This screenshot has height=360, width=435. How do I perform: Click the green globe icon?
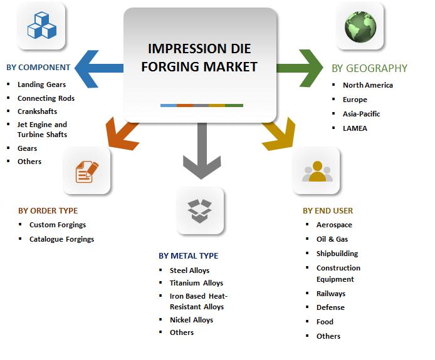(x=360, y=26)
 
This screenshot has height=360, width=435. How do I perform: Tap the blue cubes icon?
(x=42, y=25)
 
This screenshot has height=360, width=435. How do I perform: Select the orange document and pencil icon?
(x=87, y=172)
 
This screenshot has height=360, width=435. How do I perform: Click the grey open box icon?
(x=200, y=210)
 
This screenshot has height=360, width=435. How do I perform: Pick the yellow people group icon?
(x=317, y=172)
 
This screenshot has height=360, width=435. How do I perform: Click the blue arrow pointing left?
(x=99, y=69)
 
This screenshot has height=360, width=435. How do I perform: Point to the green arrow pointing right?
(x=300, y=68)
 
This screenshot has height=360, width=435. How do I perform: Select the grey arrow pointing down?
(x=202, y=151)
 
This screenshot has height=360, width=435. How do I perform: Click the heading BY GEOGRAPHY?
(x=369, y=68)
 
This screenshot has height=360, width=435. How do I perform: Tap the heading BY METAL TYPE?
(x=189, y=255)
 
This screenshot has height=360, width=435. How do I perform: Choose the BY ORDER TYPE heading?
(x=48, y=210)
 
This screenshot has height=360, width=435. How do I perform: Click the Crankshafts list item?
(x=37, y=111)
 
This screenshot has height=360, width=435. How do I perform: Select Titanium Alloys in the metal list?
(x=196, y=283)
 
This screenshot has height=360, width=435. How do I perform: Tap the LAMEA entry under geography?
(x=355, y=128)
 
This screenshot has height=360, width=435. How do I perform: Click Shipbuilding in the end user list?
(x=337, y=254)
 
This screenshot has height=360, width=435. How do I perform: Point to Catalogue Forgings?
(x=61, y=239)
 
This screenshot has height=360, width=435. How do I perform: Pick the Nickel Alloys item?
(x=191, y=320)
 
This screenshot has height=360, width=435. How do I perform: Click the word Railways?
(x=331, y=294)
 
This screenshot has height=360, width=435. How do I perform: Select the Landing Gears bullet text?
(x=41, y=85)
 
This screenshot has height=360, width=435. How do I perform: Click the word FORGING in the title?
(x=170, y=67)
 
